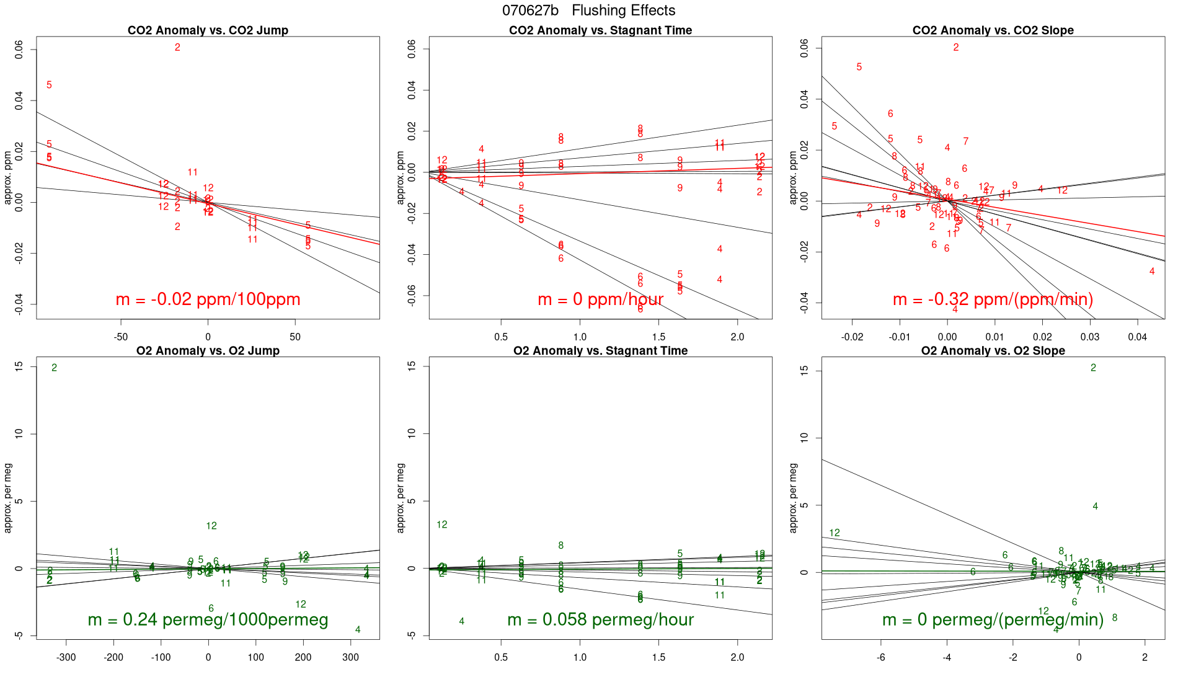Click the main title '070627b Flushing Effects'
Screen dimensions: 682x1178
tap(588, 11)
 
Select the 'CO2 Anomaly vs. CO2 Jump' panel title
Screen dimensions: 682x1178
tap(208, 30)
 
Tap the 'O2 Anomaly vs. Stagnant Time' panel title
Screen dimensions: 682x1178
tap(600, 351)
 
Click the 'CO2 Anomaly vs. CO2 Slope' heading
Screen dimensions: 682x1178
tap(993, 30)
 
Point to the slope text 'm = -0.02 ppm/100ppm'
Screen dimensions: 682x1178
tap(208, 299)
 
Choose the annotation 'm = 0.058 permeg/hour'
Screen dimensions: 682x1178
tap(600, 620)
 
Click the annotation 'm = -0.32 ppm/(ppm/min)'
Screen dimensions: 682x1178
tap(993, 299)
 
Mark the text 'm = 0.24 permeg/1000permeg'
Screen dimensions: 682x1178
tap(208, 620)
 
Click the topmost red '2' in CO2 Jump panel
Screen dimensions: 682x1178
tap(177, 48)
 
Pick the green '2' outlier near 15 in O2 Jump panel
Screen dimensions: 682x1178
tap(55, 368)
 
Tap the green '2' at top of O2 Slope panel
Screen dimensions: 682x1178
tap(1093, 368)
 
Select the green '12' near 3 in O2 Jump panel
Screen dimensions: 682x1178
tap(211, 526)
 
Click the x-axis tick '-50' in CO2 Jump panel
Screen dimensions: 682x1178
tap(120, 337)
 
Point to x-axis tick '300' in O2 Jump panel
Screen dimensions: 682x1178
tap(350, 658)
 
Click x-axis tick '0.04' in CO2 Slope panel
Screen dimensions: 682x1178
tap(1137, 337)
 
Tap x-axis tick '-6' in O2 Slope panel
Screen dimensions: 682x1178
tap(880, 658)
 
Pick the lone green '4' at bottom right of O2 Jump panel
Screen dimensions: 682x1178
tap(358, 630)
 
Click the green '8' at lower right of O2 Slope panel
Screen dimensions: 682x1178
tap(1115, 618)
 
